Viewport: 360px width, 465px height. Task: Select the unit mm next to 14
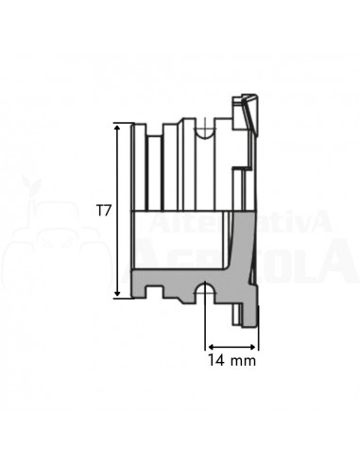[x=244, y=359]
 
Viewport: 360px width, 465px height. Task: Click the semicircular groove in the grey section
[x=205, y=289]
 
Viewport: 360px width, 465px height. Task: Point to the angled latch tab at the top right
[x=247, y=113]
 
